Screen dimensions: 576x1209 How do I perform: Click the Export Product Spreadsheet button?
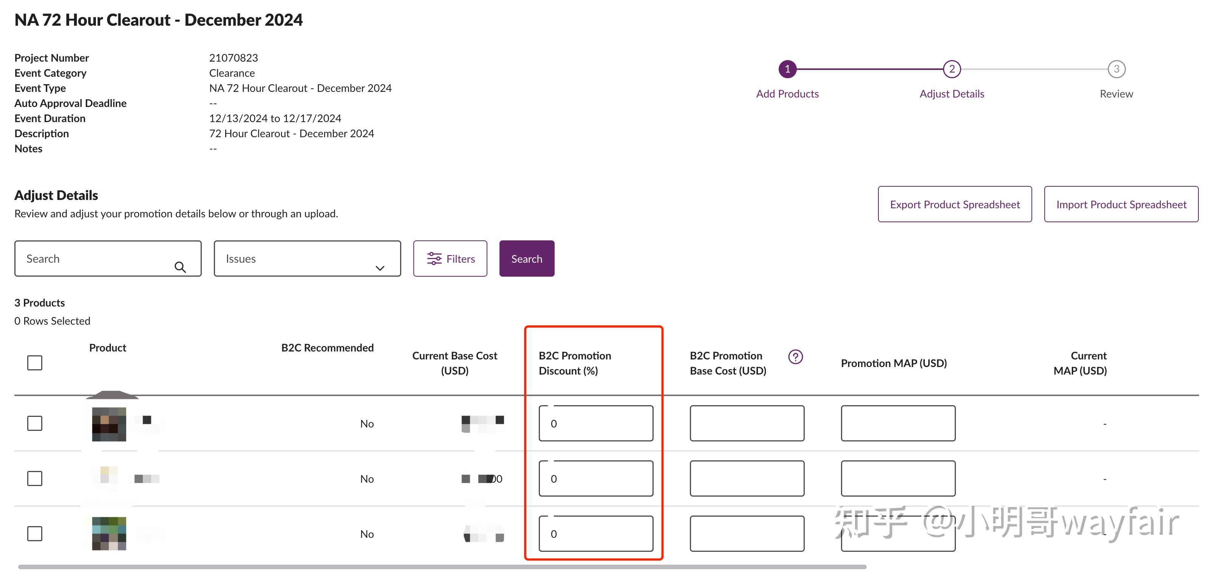click(955, 204)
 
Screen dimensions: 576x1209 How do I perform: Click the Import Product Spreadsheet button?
click(1121, 204)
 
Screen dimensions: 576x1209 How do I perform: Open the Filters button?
click(450, 259)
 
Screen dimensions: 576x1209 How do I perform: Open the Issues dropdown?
click(307, 259)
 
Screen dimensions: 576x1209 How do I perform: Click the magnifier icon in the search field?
click(180, 267)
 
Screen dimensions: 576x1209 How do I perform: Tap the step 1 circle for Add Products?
click(787, 69)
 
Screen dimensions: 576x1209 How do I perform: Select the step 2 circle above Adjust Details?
click(952, 69)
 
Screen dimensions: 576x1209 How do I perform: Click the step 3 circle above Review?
click(1116, 69)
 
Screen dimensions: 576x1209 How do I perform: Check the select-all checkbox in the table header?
click(35, 362)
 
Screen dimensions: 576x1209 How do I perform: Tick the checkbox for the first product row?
click(35, 423)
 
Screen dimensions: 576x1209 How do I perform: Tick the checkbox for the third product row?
click(35, 533)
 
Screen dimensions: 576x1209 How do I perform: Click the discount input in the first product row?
click(595, 423)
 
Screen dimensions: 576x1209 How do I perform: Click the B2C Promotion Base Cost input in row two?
click(747, 478)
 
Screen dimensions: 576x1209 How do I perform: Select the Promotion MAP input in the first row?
click(898, 423)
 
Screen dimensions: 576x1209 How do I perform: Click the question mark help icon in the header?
click(795, 357)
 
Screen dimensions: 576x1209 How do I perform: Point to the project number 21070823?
click(233, 58)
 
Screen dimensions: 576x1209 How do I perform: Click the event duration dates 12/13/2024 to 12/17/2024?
click(275, 118)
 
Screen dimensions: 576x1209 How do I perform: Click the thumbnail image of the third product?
click(109, 533)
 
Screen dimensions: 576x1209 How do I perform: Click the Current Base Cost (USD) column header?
click(454, 363)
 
